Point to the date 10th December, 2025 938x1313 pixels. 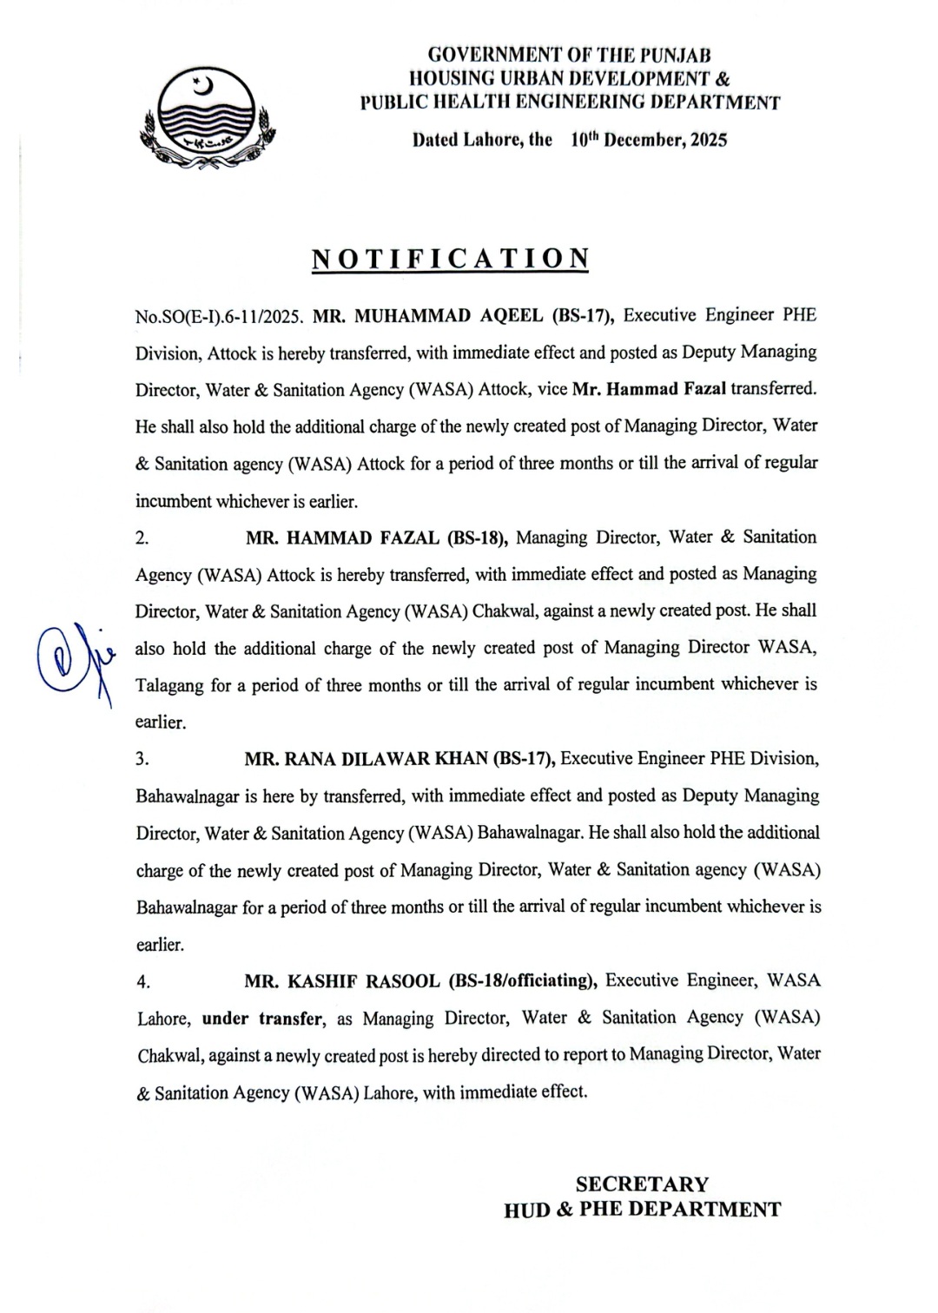[649, 139]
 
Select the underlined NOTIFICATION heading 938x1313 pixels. [450, 259]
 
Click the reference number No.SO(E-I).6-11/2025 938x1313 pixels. [220, 316]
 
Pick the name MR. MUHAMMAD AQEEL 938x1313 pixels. [427, 315]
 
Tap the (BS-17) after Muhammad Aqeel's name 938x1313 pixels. [584, 315]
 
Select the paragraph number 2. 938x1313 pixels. [142, 538]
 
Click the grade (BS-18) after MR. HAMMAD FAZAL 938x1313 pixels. [477, 538]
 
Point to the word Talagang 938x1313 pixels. [170, 686]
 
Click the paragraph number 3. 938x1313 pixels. [142, 760]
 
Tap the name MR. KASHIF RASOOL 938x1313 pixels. [342, 981]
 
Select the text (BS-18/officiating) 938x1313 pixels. [523, 981]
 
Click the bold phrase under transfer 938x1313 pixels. [262, 1019]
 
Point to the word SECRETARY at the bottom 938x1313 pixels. [642, 1184]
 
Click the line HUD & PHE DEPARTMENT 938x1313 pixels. [642, 1210]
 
